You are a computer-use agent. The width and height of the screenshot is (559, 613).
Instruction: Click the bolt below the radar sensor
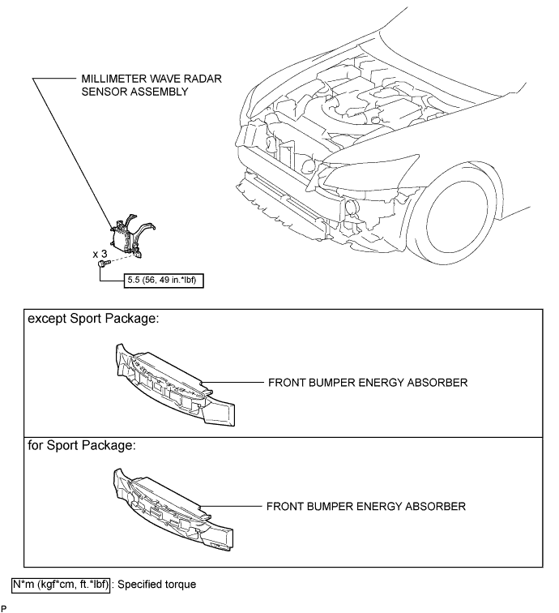104,264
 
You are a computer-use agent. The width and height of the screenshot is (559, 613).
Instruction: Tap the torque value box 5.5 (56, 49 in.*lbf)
164,281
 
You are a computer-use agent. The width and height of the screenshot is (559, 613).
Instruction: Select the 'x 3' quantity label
100,254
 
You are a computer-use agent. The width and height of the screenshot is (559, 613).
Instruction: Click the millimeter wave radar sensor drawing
131,236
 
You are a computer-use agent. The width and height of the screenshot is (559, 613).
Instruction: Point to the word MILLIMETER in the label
113,79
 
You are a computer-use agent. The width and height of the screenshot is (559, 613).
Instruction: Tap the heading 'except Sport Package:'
93,319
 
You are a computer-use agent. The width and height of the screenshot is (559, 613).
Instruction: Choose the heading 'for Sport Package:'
82,446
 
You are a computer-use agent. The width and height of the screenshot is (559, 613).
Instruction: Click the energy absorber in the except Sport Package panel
175,385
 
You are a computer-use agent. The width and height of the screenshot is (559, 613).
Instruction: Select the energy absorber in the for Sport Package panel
173,510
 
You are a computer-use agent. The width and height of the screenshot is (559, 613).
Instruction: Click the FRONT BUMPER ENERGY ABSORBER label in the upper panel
368,383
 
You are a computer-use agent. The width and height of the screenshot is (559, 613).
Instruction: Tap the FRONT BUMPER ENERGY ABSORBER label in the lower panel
366,507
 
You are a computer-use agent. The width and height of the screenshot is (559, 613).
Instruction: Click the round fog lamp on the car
352,207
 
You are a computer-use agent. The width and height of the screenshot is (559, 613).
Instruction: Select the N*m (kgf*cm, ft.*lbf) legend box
61,585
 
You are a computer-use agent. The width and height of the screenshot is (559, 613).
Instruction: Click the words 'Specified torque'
156,585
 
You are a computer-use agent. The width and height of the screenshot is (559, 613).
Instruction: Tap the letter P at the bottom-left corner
4,608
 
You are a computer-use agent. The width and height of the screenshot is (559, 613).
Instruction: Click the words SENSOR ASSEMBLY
134,92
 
